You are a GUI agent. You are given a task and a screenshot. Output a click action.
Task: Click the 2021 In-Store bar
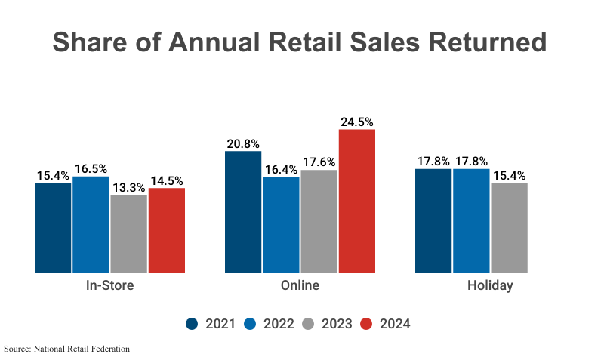point(53,227)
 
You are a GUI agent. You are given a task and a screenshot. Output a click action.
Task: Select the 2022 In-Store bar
point(91,224)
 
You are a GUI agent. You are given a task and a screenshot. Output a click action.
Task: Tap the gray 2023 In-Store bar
point(128,234)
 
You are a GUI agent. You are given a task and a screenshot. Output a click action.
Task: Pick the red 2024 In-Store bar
point(167,230)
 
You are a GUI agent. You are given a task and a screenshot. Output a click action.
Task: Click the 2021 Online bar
point(243,211)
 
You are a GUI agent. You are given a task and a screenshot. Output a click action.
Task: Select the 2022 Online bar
point(281,224)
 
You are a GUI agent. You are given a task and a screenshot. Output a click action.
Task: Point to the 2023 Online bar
point(319,221)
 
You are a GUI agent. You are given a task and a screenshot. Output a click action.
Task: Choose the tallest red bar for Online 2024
point(357,201)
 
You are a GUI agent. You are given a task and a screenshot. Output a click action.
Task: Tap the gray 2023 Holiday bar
point(509,227)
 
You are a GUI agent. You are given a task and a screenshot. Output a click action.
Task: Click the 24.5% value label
point(357,122)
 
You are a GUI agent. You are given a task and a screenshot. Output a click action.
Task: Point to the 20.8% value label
point(243,143)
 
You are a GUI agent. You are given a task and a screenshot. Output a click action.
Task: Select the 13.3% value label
point(128,187)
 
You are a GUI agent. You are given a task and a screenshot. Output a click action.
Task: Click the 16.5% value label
point(91,168)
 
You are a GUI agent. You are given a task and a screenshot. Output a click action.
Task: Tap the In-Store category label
point(109,286)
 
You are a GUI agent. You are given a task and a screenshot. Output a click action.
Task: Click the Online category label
point(300,286)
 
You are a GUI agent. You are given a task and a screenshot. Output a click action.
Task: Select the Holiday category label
point(490,286)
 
